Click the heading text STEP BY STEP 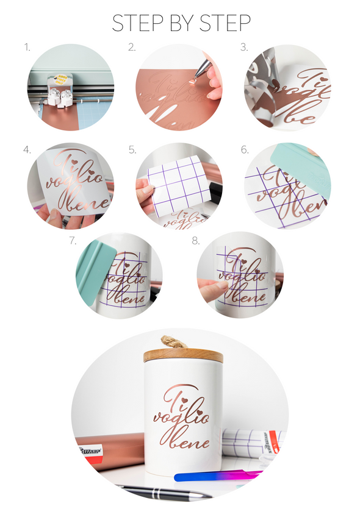[181, 23]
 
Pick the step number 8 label [196, 240]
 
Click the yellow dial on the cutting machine [60, 78]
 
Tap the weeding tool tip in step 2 [193, 78]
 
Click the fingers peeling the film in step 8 [211, 289]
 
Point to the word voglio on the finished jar [181, 418]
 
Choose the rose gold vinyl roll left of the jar [110, 448]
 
